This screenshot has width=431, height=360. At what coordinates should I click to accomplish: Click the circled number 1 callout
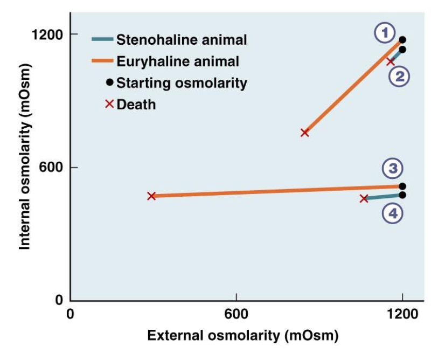(385, 33)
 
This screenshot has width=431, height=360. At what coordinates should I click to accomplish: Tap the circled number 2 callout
(399, 77)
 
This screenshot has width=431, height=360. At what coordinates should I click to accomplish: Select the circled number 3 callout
(393, 169)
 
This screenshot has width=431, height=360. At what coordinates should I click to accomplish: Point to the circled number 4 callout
(393, 213)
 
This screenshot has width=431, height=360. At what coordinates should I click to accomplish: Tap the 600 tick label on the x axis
(237, 314)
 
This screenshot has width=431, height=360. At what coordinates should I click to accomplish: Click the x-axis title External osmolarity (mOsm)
(242, 336)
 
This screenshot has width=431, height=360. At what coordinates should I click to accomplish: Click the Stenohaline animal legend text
(182, 39)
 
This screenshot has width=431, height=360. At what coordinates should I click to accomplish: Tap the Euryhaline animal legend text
(178, 61)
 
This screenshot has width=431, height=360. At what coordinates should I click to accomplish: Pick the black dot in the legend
(109, 82)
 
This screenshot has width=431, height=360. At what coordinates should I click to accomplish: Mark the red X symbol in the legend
(109, 103)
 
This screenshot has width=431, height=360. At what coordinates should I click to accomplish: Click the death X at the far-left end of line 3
(151, 196)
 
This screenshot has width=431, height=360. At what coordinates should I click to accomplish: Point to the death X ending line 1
(304, 132)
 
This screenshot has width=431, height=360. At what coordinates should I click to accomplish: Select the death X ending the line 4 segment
(364, 198)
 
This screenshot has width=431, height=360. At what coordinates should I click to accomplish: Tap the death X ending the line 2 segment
(391, 61)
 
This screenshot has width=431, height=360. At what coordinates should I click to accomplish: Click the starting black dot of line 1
(402, 40)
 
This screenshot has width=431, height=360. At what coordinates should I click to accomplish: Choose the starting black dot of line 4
(402, 195)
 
